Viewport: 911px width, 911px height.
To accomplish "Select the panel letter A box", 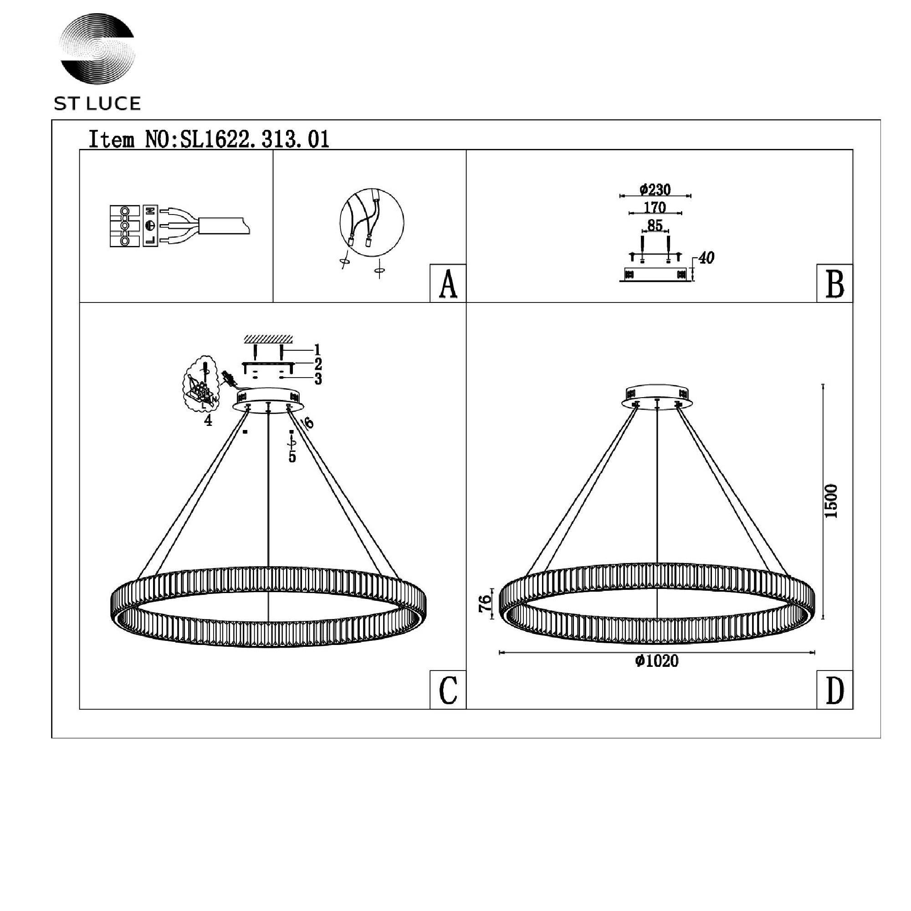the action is coord(448,283).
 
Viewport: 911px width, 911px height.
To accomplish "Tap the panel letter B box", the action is coord(834,283).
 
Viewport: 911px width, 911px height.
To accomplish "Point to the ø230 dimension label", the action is coord(655,189).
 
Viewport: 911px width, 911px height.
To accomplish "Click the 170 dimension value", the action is coord(655,207).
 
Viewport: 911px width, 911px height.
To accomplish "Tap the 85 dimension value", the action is coord(655,225).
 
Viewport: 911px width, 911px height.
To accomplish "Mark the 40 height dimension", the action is coord(706,258).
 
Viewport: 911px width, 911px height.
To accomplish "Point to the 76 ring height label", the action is coord(485,604).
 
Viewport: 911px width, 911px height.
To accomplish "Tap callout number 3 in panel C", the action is coord(318,379).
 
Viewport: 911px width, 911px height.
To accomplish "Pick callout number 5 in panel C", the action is coord(292,456).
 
